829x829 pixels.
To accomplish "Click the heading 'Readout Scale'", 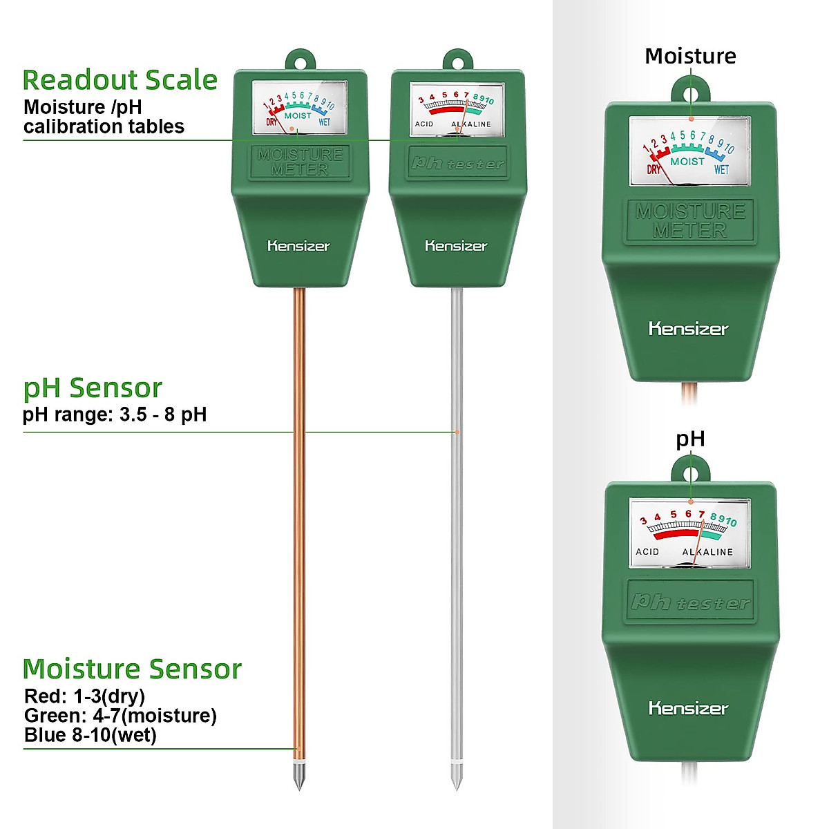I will tap(120, 80).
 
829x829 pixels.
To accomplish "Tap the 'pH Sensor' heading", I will tap(93, 388).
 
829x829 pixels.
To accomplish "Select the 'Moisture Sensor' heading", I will tap(132, 669).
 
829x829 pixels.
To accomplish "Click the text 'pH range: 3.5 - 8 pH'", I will tap(115, 414).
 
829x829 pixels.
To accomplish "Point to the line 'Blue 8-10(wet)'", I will tap(90, 735).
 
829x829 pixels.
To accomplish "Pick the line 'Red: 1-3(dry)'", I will tap(84, 696).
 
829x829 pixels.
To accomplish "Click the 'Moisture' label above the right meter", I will tap(690, 56).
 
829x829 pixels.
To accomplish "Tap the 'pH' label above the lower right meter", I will tap(690, 439).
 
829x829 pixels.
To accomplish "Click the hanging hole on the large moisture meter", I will tap(691, 93).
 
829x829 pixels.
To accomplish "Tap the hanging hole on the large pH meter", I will tap(691, 475).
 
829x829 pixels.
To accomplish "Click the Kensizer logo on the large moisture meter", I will tap(688, 329).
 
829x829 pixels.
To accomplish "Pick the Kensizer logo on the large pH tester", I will tap(688, 708).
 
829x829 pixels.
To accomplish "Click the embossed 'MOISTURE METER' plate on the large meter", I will tap(689, 220).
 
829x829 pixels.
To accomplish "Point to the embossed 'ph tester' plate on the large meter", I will tap(689, 602).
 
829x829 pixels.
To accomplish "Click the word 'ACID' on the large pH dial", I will tap(647, 551).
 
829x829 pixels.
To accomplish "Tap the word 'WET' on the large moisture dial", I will tap(721, 169).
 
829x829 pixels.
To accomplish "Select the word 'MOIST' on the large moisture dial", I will tap(687, 161).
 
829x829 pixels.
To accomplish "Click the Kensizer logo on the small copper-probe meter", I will tap(298, 246).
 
